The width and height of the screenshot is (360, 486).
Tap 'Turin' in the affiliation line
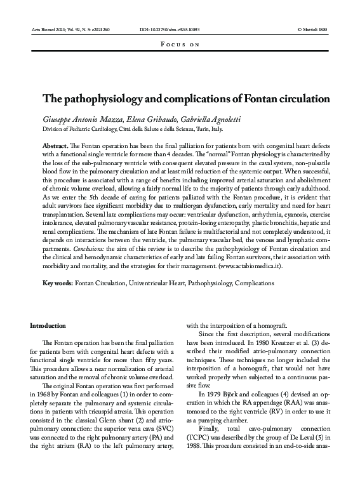coord(209,129)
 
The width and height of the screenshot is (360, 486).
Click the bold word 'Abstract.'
coord(55,146)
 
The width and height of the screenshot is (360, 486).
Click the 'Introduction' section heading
coord(48,325)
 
